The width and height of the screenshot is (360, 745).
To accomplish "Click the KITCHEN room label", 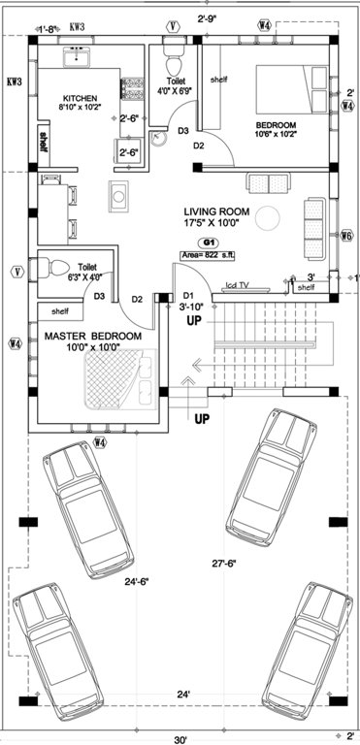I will [79, 99].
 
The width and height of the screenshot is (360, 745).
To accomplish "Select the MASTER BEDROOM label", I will [93, 336].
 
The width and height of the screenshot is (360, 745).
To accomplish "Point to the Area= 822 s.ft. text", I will [209, 255].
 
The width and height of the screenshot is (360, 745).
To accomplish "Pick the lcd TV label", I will [238, 285].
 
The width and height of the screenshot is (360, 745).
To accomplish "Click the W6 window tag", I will [346, 236].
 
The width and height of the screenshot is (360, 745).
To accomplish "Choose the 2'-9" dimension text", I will [206, 18].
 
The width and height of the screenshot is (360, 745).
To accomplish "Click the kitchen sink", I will [77, 60].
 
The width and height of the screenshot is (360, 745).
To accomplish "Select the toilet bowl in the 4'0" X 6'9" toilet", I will [173, 49].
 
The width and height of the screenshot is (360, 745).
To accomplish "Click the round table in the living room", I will [275, 213].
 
